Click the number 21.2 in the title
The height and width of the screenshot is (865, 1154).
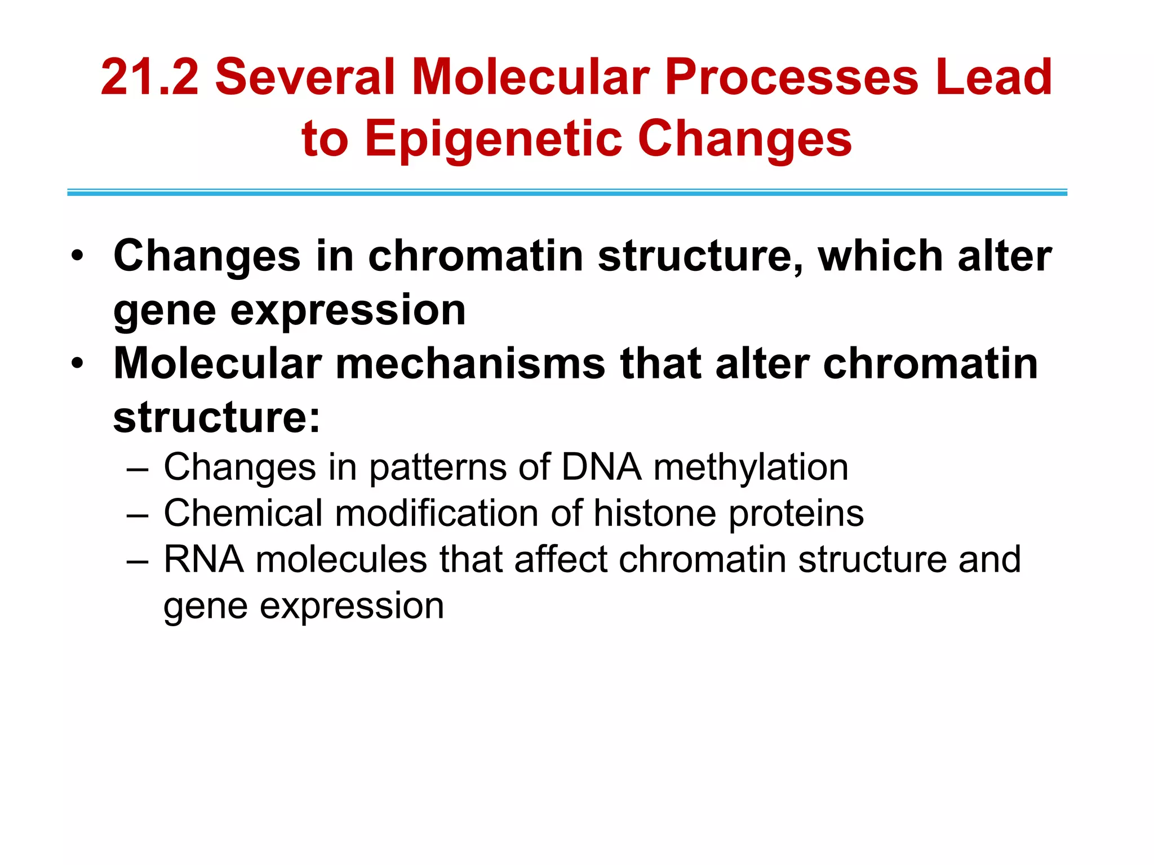click(150, 77)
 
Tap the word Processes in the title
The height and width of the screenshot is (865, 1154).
click(792, 77)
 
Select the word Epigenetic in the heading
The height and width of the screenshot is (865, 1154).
click(494, 139)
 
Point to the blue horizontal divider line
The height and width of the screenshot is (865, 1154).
click(567, 193)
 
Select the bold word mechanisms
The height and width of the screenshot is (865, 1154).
click(471, 364)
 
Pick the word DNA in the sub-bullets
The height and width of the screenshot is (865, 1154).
click(601, 467)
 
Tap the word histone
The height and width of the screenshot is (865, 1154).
click(655, 514)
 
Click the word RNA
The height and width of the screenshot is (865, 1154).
click(204, 560)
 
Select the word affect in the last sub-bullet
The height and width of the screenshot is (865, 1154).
click(561, 560)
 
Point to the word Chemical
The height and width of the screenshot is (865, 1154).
click(243, 514)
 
